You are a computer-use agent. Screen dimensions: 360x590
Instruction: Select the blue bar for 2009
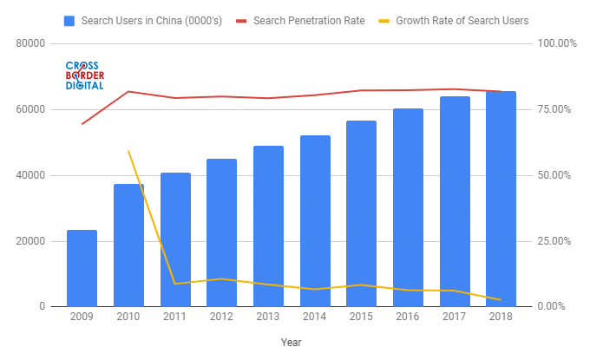tap(82, 268)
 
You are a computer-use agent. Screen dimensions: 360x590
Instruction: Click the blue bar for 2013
tap(268, 226)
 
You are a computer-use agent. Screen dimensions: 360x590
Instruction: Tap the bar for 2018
tap(501, 199)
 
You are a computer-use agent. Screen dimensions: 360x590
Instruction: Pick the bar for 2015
tap(361, 213)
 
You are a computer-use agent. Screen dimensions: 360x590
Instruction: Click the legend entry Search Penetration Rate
tap(308, 19)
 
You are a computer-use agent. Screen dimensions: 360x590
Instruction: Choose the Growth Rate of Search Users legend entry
tap(461, 19)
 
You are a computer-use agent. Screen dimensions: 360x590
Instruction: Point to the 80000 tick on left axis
tap(30, 43)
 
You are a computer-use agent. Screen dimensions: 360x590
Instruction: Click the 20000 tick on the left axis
tap(30, 241)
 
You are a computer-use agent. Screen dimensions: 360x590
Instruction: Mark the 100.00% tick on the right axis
tap(558, 43)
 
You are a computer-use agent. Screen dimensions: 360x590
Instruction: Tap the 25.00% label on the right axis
tap(555, 241)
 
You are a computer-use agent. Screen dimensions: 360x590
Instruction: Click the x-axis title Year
tap(292, 343)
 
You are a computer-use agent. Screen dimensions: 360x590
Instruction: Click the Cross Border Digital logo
tap(84, 75)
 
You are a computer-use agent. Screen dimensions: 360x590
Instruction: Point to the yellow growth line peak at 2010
tap(128, 151)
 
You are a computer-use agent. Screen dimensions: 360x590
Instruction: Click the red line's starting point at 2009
tap(82, 124)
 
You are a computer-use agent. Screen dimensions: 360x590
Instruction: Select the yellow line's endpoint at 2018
tap(501, 300)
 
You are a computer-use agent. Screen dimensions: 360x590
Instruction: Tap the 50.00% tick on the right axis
tap(555, 175)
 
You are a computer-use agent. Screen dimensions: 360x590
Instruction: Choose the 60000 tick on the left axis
tap(30, 109)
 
